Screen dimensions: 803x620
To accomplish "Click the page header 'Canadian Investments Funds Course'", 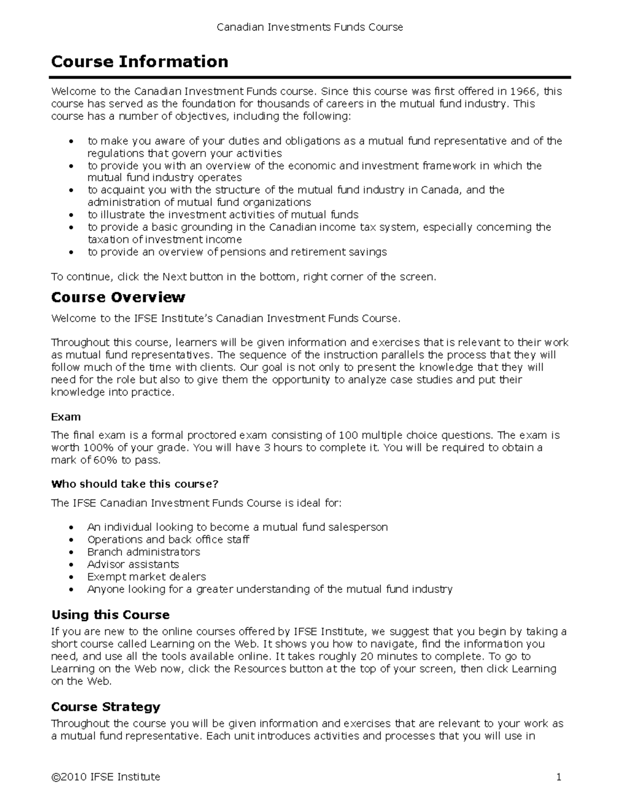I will pyautogui.click(x=309, y=27).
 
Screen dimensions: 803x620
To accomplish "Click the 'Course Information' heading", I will pyautogui.click(x=139, y=62).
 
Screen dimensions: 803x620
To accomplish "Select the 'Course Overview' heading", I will pyautogui.click(x=118, y=297).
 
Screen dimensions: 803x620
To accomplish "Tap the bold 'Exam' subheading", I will pyautogui.click(x=66, y=417).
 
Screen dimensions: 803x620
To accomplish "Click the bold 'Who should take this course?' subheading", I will pyautogui.click(x=135, y=484).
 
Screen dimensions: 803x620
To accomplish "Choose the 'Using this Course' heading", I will pyautogui.click(x=111, y=615).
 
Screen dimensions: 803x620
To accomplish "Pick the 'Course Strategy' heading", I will pyautogui.click(x=106, y=707).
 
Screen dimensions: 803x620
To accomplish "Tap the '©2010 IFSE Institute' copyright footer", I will pyautogui.click(x=105, y=777).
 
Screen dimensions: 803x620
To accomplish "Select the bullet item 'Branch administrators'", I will pyautogui.click(x=143, y=552).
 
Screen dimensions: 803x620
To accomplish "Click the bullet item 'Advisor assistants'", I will pyautogui.click(x=133, y=564).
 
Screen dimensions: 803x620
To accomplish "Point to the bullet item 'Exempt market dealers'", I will pyautogui.click(x=146, y=577).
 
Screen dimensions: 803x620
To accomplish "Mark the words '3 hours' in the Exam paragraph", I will pyautogui.click(x=283, y=448).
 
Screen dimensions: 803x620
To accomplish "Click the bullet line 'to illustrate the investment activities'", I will pyautogui.click(x=223, y=215).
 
